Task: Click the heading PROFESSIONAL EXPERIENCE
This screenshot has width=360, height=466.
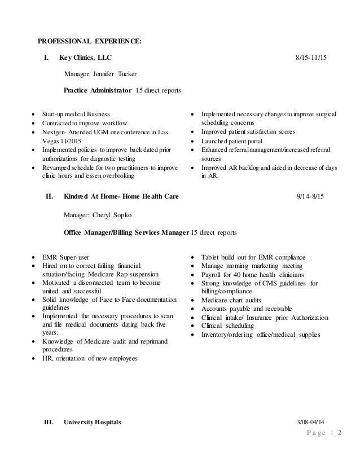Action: [x=90, y=41]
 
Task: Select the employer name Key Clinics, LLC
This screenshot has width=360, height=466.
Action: [x=86, y=58]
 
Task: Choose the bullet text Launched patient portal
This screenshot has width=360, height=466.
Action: [x=234, y=140]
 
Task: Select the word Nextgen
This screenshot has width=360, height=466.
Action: [x=55, y=131]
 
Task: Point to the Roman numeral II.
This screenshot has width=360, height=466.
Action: [x=49, y=196]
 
